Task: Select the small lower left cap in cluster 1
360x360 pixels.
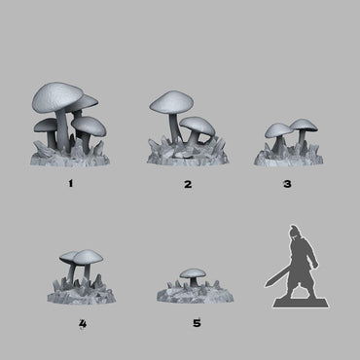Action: click(45, 126)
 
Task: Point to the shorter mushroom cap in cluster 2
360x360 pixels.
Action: click(198, 125)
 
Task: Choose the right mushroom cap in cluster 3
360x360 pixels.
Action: click(303, 125)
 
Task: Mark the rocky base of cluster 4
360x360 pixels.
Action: click(75, 289)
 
